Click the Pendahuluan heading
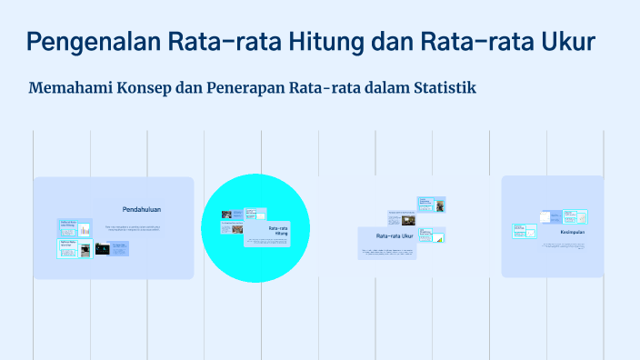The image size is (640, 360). pyautogui.click(x=142, y=209)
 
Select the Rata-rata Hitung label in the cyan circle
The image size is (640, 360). pyautogui.click(x=278, y=230)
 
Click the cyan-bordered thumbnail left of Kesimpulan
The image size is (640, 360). pyautogui.click(x=524, y=232)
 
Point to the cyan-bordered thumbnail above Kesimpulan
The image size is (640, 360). pyautogui.click(x=575, y=216)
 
